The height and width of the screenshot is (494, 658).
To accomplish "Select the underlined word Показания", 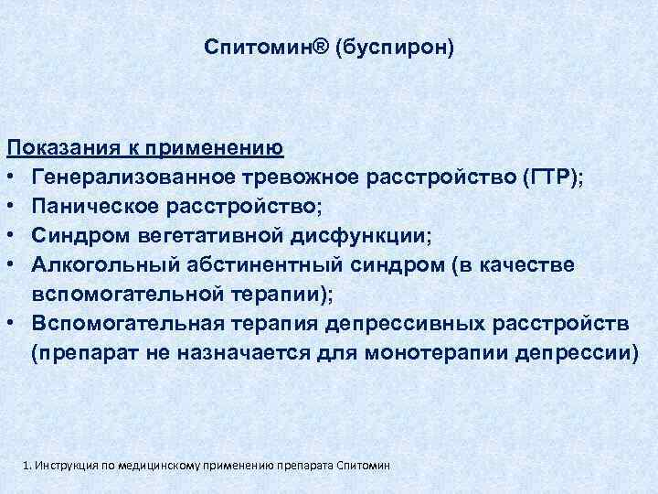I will click(x=58, y=146).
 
